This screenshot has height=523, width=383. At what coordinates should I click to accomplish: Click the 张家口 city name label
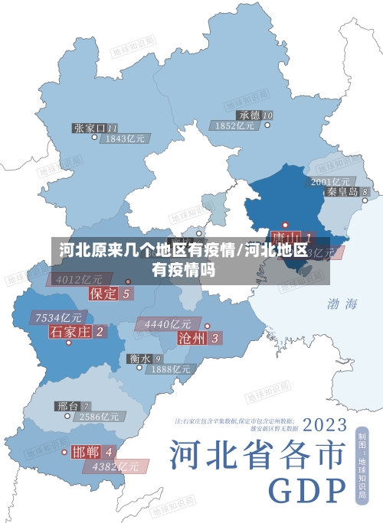tap(90, 128)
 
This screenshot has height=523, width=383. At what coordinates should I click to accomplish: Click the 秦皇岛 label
tap(342, 192)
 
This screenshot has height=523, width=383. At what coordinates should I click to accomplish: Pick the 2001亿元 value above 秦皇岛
tap(330, 181)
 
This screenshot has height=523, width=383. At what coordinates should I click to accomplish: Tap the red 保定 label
tap(104, 293)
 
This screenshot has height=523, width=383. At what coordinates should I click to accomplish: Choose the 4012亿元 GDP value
tap(79, 280)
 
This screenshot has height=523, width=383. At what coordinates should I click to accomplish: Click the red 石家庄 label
tap(70, 331)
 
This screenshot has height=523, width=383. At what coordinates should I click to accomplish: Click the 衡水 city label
tap(139, 358)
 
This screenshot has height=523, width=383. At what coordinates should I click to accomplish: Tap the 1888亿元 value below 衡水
tap(170, 369)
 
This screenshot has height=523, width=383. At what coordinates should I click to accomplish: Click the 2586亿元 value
tap(99, 417)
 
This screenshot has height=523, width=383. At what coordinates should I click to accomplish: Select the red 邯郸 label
tap(87, 451)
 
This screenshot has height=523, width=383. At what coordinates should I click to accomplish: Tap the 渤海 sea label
tap(342, 304)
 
